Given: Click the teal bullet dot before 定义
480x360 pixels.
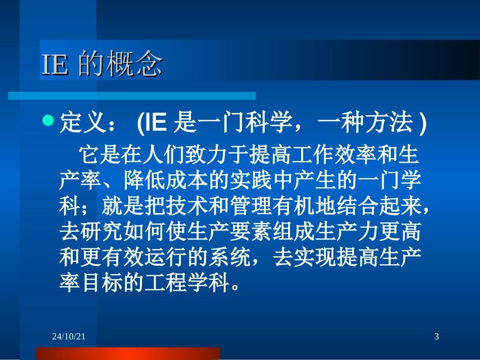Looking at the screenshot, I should pos(48,121).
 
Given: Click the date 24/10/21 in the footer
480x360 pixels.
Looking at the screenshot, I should pos(69,336).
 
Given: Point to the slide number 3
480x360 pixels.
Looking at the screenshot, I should pos(437,336).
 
